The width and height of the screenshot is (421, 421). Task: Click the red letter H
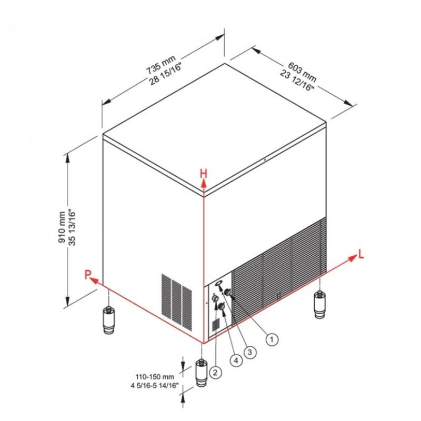(x=204, y=174)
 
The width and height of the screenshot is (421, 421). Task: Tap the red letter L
(x=361, y=254)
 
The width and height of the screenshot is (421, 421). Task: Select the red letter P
(x=88, y=275)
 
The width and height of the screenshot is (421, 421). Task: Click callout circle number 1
(x=272, y=339)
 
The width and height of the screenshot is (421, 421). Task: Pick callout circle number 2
(x=215, y=372)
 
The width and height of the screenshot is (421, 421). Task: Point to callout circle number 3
(x=249, y=352)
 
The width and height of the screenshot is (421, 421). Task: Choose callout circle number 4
(x=236, y=360)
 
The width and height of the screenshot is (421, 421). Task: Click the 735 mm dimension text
(x=161, y=64)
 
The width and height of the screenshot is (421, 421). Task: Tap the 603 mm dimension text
(x=302, y=72)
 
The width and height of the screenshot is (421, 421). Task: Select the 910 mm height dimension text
(x=62, y=227)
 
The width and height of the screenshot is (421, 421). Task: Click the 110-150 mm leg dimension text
(x=155, y=377)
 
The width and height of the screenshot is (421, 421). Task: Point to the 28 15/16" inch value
(x=166, y=74)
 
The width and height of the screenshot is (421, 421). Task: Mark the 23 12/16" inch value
(x=297, y=81)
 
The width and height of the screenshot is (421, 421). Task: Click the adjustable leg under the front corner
(x=202, y=373)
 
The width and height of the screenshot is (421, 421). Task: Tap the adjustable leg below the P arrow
(x=108, y=320)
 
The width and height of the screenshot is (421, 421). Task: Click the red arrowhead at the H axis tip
(x=204, y=184)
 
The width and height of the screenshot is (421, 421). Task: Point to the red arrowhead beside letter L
(x=352, y=258)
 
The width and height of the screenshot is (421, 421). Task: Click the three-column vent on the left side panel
(x=177, y=302)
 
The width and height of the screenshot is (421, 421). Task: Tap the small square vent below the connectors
(x=216, y=325)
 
